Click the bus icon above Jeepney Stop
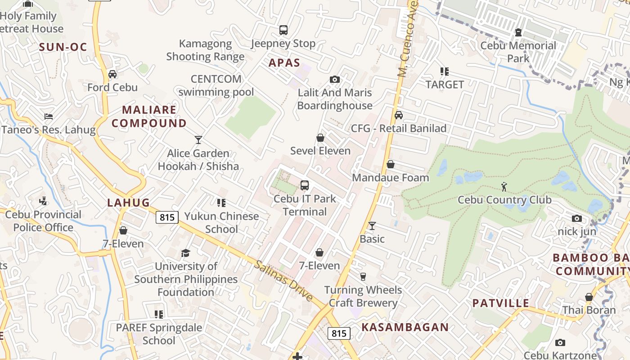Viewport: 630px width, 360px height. pyautogui.click(x=283, y=30)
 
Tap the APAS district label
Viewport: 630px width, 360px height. pyautogui.click(x=284, y=63)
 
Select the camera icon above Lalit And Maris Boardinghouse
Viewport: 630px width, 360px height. pyautogui.click(x=334, y=80)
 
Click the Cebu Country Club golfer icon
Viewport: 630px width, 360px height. pyautogui.click(x=504, y=186)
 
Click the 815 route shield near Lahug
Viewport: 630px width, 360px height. pyautogui.click(x=167, y=217)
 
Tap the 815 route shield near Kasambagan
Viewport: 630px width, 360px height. pyautogui.click(x=339, y=333)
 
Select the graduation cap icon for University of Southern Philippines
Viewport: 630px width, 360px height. pyautogui.click(x=185, y=253)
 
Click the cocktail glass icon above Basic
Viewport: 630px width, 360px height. pyautogui.click(x=372, y=225)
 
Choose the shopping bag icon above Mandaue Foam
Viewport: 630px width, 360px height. pyautogui.click(x=391, y=164)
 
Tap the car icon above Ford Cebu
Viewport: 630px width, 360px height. pyautogui.click(x=112, y=74)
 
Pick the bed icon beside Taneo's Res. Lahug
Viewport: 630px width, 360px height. pyautogui.click(x=49, y=117)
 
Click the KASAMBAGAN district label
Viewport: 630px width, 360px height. pyautogui.click(x=405, y=327)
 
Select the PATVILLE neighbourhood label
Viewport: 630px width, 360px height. pyautogui.click(x=500, y=303)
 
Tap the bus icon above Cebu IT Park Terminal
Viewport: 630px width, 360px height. pyautogui.click(x=305, y=185)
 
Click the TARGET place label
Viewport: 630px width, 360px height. pyautogui.click(x=445, y=85)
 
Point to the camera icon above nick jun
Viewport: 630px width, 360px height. pyautogui.click(x=576, y=219)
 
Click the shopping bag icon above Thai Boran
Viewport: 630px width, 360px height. pyautogui.click(x=589, y=297)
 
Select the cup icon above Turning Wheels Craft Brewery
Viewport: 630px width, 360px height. pyautogui.click(x=363, y=276)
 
